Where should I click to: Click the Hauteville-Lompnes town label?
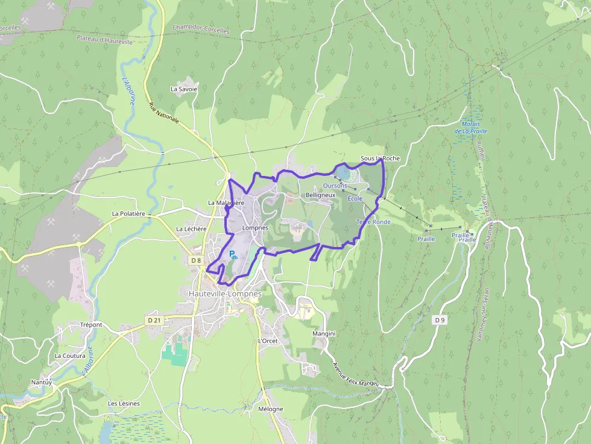(221, 293)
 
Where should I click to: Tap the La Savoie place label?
(184, 89)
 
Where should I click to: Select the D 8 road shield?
(195, 260)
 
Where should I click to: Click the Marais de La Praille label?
(470, 128)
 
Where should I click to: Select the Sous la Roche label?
(380, 158)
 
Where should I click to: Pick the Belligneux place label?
(320, 195)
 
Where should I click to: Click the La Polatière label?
(128, 214)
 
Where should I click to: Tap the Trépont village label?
(91, 325)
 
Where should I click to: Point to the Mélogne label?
(270, 409)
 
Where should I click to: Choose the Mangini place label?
(324, 334)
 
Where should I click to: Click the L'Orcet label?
(267, 341)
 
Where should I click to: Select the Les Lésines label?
(124, 403)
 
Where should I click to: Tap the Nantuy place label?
(42, 383)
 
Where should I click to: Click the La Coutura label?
(70, 355)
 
